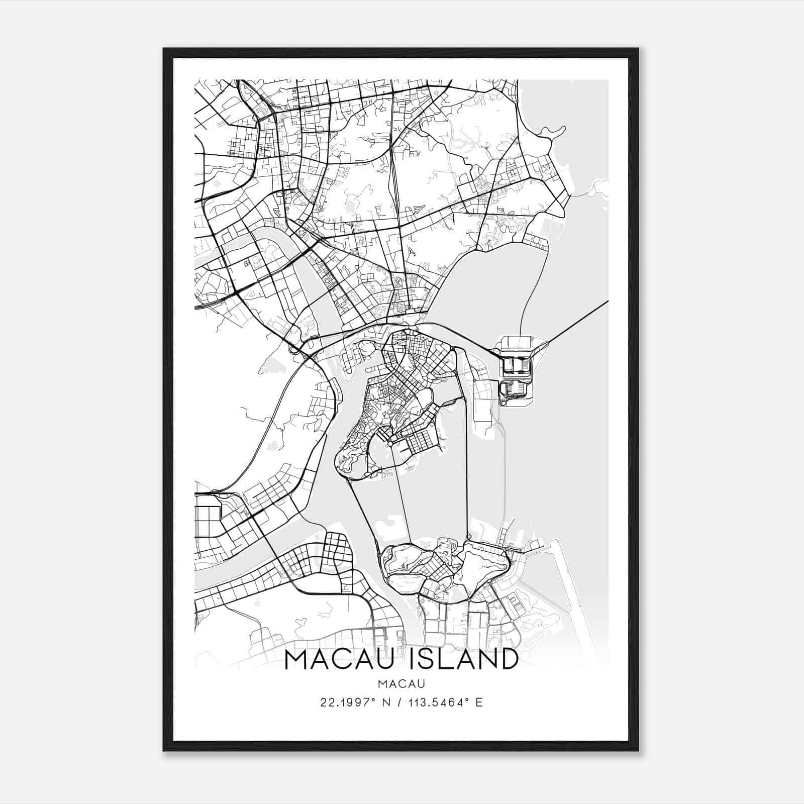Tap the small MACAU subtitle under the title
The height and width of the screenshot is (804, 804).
[x=401, y=684]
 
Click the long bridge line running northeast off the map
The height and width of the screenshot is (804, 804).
[x=578, y=322]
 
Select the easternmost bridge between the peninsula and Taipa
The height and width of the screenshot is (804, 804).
[x=466, y=467]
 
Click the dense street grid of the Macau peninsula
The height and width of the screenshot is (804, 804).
[x=402, y=392]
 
